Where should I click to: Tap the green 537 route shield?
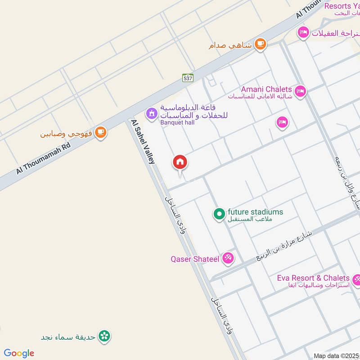(x=188, y=78)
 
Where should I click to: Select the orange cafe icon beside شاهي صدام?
(x=260, y=44)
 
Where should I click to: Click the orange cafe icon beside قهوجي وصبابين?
(x=101, y=132)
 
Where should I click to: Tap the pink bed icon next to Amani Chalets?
(x=300, y=90)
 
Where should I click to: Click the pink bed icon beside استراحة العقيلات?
(x=303, y=32)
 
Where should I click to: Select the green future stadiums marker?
(x=219, y=214)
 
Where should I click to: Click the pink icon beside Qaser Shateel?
(x=228, y=258)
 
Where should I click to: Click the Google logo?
(x=19, y=353)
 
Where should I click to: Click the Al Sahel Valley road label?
(x=143, y=141)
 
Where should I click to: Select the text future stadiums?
(x=255, y=211)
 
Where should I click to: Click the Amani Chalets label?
(x=266, y=89)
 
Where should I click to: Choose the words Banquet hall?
(x=178, y=122)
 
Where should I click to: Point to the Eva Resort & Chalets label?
(x=313, y=278)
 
